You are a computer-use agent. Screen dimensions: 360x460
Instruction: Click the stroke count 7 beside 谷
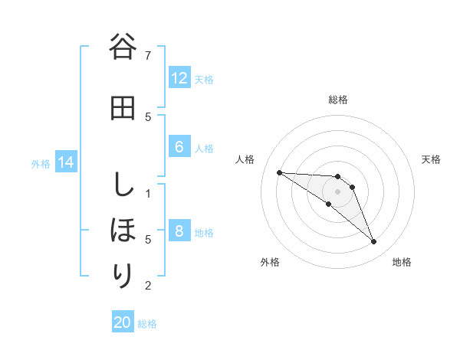click(148, 55)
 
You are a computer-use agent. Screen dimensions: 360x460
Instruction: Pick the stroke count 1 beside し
click(148, 192)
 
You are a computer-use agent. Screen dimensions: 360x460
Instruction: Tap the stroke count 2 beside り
click(148, 286)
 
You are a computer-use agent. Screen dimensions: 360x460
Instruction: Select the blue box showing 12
click(179, 78)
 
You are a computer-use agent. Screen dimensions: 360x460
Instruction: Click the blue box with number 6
click(179, 147)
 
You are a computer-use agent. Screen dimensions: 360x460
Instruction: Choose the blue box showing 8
click(179, 231)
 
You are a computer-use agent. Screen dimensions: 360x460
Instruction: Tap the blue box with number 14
click(66, 162)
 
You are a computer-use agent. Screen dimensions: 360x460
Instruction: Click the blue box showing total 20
click(123, 322)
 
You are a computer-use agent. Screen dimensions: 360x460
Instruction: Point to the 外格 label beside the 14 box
click(40, 163)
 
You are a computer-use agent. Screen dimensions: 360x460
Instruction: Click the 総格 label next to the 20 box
click(147, 324)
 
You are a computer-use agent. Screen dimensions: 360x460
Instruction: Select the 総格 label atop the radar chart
click(338, 100)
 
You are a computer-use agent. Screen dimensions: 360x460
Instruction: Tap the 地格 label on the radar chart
click(402, 262)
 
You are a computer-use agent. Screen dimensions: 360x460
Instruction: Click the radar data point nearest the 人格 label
click(279, 172)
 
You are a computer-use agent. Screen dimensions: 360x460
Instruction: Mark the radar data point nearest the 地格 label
click(373, 242)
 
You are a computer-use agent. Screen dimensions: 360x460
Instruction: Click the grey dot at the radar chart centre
click(338, 191)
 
